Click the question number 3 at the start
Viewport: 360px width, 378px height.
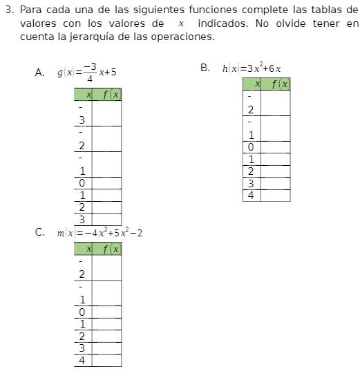click(8, 11)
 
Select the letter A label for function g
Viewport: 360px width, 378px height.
click(39, 73)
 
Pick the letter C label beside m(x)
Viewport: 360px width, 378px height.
click(39, 232)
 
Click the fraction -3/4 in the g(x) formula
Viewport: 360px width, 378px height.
click(90, 72)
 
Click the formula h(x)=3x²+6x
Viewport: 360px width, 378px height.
click(252, 68)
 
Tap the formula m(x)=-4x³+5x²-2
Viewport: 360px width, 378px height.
click(100, 233)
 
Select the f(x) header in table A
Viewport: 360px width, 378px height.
click(107, 94)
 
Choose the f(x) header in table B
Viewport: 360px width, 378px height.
click(276, 84)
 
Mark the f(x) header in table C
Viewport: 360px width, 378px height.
click(107, 249)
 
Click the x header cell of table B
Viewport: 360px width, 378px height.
click(252, 84)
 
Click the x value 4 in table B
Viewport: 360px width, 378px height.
click(251, 196)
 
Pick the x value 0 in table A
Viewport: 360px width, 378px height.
click(82, 183)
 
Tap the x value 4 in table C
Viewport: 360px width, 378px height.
click(82, 360)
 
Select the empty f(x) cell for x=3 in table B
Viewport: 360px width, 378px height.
click(275, 183)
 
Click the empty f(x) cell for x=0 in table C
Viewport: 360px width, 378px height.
click(106, 312)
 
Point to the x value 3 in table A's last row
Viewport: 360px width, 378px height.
click(82, 220)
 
